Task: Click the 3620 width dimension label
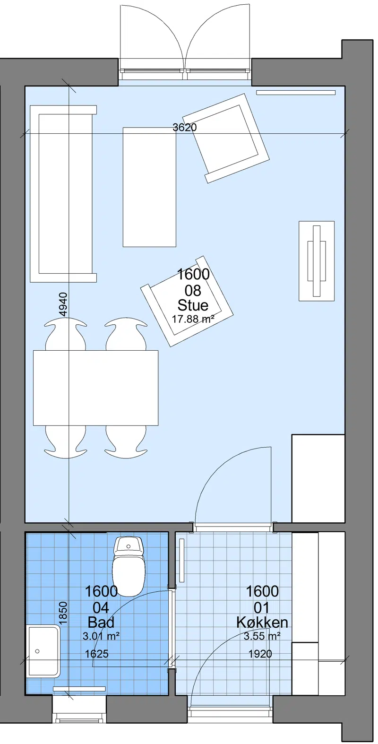pos(185,127)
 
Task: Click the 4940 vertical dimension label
pos(63,304)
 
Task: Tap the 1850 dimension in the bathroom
pos(63,613)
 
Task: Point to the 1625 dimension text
pos(96,654)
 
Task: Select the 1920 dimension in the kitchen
pos(260,654)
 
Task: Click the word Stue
pos(193,305)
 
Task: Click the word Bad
pos(101,622)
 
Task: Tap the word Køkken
pos(262,622)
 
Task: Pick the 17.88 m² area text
pos(193,319)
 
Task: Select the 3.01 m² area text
pos(101,636)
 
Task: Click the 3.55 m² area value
pos(262,636)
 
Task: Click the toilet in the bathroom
pos(129,566)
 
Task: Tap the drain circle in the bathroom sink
pos(37,651)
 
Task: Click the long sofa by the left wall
pos(63,194)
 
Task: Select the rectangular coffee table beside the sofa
pos(149,187)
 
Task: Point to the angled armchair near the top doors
pos(226,138)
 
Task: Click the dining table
pos(95,388)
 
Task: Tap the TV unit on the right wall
pos(317,261)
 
